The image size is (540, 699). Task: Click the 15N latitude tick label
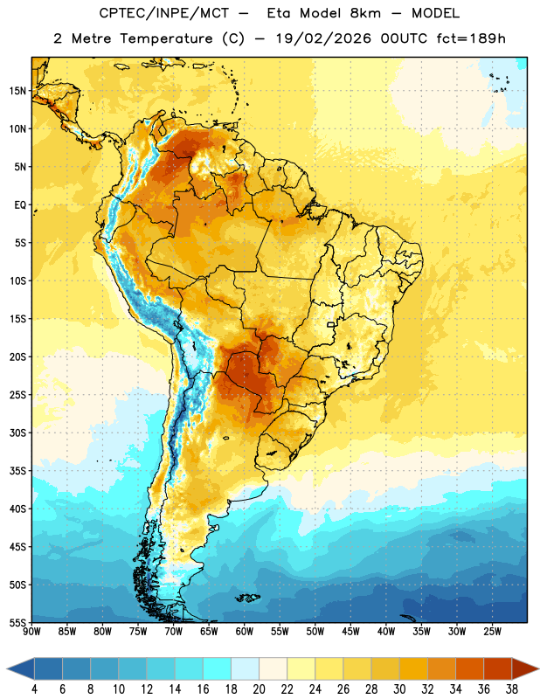(x=17, y=91)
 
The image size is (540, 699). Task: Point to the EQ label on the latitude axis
(x=20, y=205)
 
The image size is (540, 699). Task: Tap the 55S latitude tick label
(x=17, y=622)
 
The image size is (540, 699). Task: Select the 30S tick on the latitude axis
(x=17, y=433)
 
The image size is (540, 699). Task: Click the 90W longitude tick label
(x=31, y=632)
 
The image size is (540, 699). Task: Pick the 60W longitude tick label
(x=245, y=632)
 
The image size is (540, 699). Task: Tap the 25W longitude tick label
(x=492, y=632)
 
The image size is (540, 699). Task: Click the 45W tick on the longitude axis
(x=350, y=632)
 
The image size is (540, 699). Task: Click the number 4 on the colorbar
(x=34, y=689)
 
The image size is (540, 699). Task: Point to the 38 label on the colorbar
(x=511, y=689)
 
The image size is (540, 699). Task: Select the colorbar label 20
(x=259, y=689)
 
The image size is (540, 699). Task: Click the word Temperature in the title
(x=166, y=38)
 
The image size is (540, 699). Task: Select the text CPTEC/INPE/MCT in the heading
(x=164, y=13)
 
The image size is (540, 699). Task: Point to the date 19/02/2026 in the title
(x=323, y=38)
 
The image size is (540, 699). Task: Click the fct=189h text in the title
(x=471, y=38)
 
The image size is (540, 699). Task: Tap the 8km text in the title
(x=365, y=13)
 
